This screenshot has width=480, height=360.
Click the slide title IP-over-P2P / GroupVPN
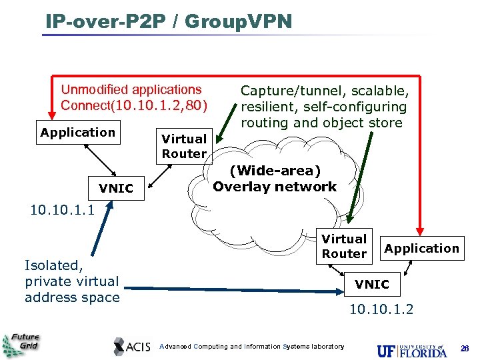(169, 21)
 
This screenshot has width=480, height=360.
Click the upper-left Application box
(77, 132)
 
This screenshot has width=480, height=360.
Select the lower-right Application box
(421, 249)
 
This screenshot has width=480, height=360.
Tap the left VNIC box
(116, 189)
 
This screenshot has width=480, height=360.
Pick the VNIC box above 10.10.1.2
(371, 285)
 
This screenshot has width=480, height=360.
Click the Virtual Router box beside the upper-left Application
(184, 146)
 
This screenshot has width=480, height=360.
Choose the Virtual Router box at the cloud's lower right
(344, 246)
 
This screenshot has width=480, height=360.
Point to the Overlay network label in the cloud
(275, 187)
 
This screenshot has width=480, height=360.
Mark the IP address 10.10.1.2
(382, 309)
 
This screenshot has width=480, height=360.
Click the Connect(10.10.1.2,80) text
(134, 105)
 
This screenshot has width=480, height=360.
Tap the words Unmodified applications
(131, 89)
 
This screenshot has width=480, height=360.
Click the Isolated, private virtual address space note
(71, 281)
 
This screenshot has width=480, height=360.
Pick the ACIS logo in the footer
(133, 346)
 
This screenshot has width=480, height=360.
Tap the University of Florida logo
(411, 349)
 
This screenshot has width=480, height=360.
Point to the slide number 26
(465, 348)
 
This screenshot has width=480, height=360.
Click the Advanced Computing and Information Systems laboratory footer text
(253, 347)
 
